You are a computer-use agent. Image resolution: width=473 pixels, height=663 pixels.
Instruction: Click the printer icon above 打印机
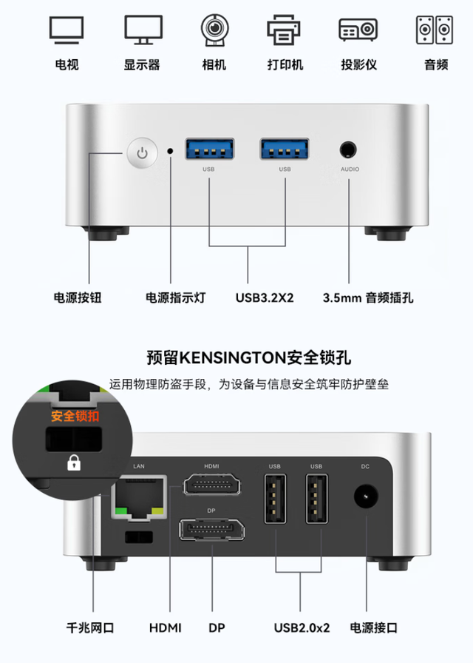[x=284, y=30]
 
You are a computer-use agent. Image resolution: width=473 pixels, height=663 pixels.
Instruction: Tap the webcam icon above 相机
[x=214, y=30]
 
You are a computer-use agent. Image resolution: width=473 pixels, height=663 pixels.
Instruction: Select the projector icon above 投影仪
[x=358, y=30]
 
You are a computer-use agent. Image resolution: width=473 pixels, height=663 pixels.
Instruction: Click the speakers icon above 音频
[x=435, y=30]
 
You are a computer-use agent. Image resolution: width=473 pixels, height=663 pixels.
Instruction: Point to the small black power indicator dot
[x=171, y=150]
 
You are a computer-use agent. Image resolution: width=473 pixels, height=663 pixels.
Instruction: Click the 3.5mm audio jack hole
[x=348, y=150]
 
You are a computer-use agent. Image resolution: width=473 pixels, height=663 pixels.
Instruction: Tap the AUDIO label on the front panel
[x=350, y=169]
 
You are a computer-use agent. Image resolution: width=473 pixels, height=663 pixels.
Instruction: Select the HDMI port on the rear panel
[x=211, y=485]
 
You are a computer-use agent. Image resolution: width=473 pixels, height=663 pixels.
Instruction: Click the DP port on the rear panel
[x=211, y=529]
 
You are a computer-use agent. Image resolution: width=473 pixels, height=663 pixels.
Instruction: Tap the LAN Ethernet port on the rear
[x=139, y=497]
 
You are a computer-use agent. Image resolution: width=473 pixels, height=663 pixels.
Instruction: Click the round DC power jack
[x=366, y=497]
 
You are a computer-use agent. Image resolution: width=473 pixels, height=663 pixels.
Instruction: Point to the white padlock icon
[x=74, y=462]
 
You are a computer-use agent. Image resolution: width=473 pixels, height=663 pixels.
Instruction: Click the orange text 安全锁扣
[x=75, y=417]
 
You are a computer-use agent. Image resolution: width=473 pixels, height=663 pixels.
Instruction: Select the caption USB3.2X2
[x=265, y=297]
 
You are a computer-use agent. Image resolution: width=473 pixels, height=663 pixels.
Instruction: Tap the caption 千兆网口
[x=90, y=628]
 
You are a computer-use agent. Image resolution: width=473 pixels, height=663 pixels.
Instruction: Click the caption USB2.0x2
[x=302, y=628]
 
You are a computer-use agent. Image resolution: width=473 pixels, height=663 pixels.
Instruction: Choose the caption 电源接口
[x=374, y=628]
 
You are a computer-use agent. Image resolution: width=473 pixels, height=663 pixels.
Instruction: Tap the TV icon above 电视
[x=67, y=30]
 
